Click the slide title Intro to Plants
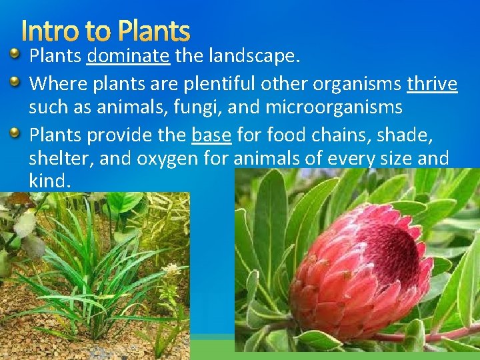(105, 31)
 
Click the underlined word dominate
(128, 56)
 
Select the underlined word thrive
(432, 84)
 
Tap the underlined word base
(211, 135)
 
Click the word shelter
(58, 159)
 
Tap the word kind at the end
(48, 181)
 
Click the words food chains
(317, 135)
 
